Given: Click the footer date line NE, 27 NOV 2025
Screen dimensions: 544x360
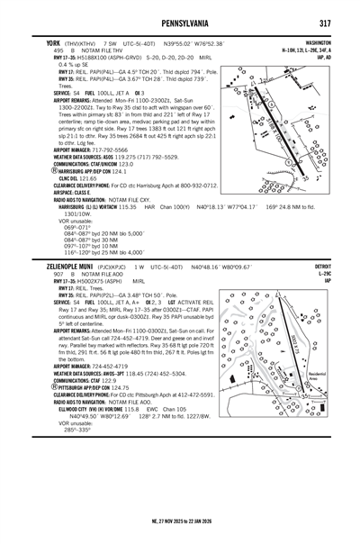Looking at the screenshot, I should tap(180, 521).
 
